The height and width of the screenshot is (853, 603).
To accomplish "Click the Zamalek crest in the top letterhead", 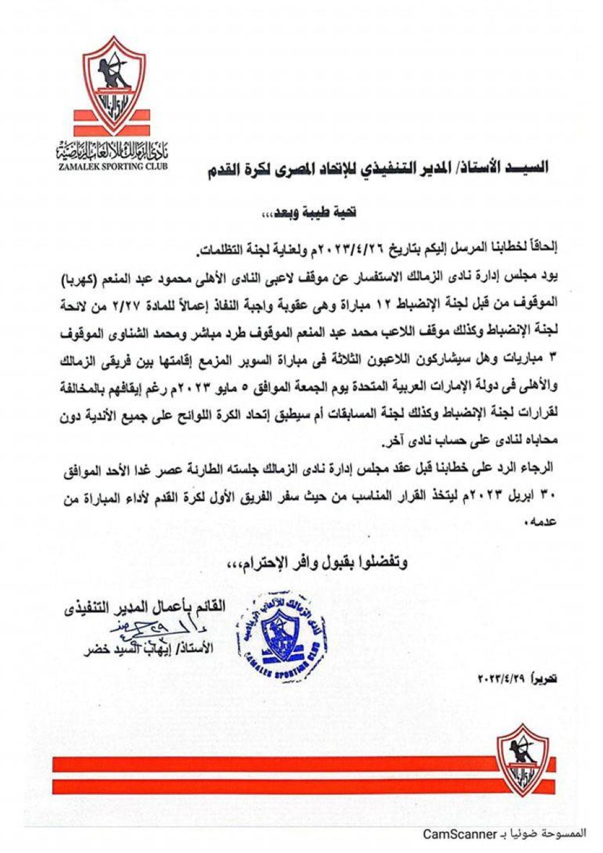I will coord(114,84).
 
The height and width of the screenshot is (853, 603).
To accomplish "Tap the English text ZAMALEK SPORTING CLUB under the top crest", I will coord(113,166).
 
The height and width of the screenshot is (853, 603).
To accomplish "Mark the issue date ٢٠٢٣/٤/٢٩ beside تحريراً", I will coord(503,679).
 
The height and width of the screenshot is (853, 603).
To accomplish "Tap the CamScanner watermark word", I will coord(458,834).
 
